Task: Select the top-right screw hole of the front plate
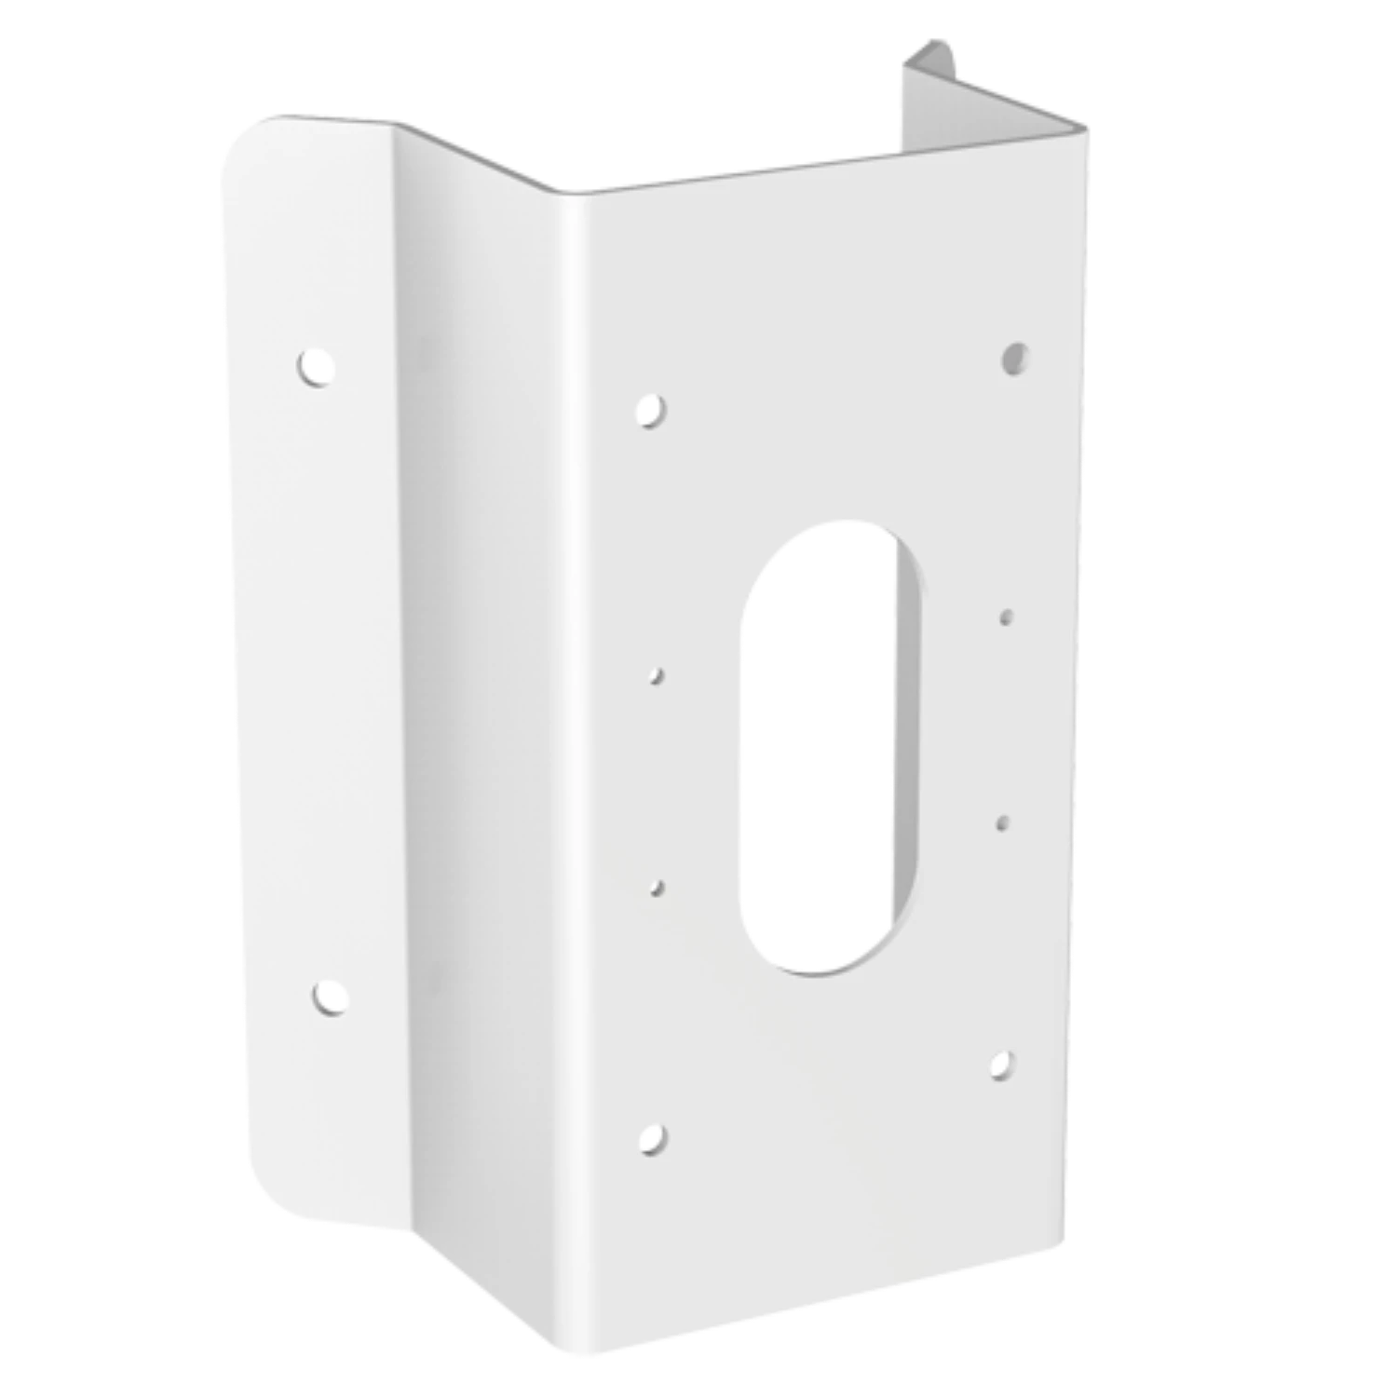(x=1015, y=356)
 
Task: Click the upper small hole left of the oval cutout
(x=658, y=675)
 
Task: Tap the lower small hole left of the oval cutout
(x=658, y=888)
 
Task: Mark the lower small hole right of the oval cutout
(x=1003, y=821)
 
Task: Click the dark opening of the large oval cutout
(x=810, y=745)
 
